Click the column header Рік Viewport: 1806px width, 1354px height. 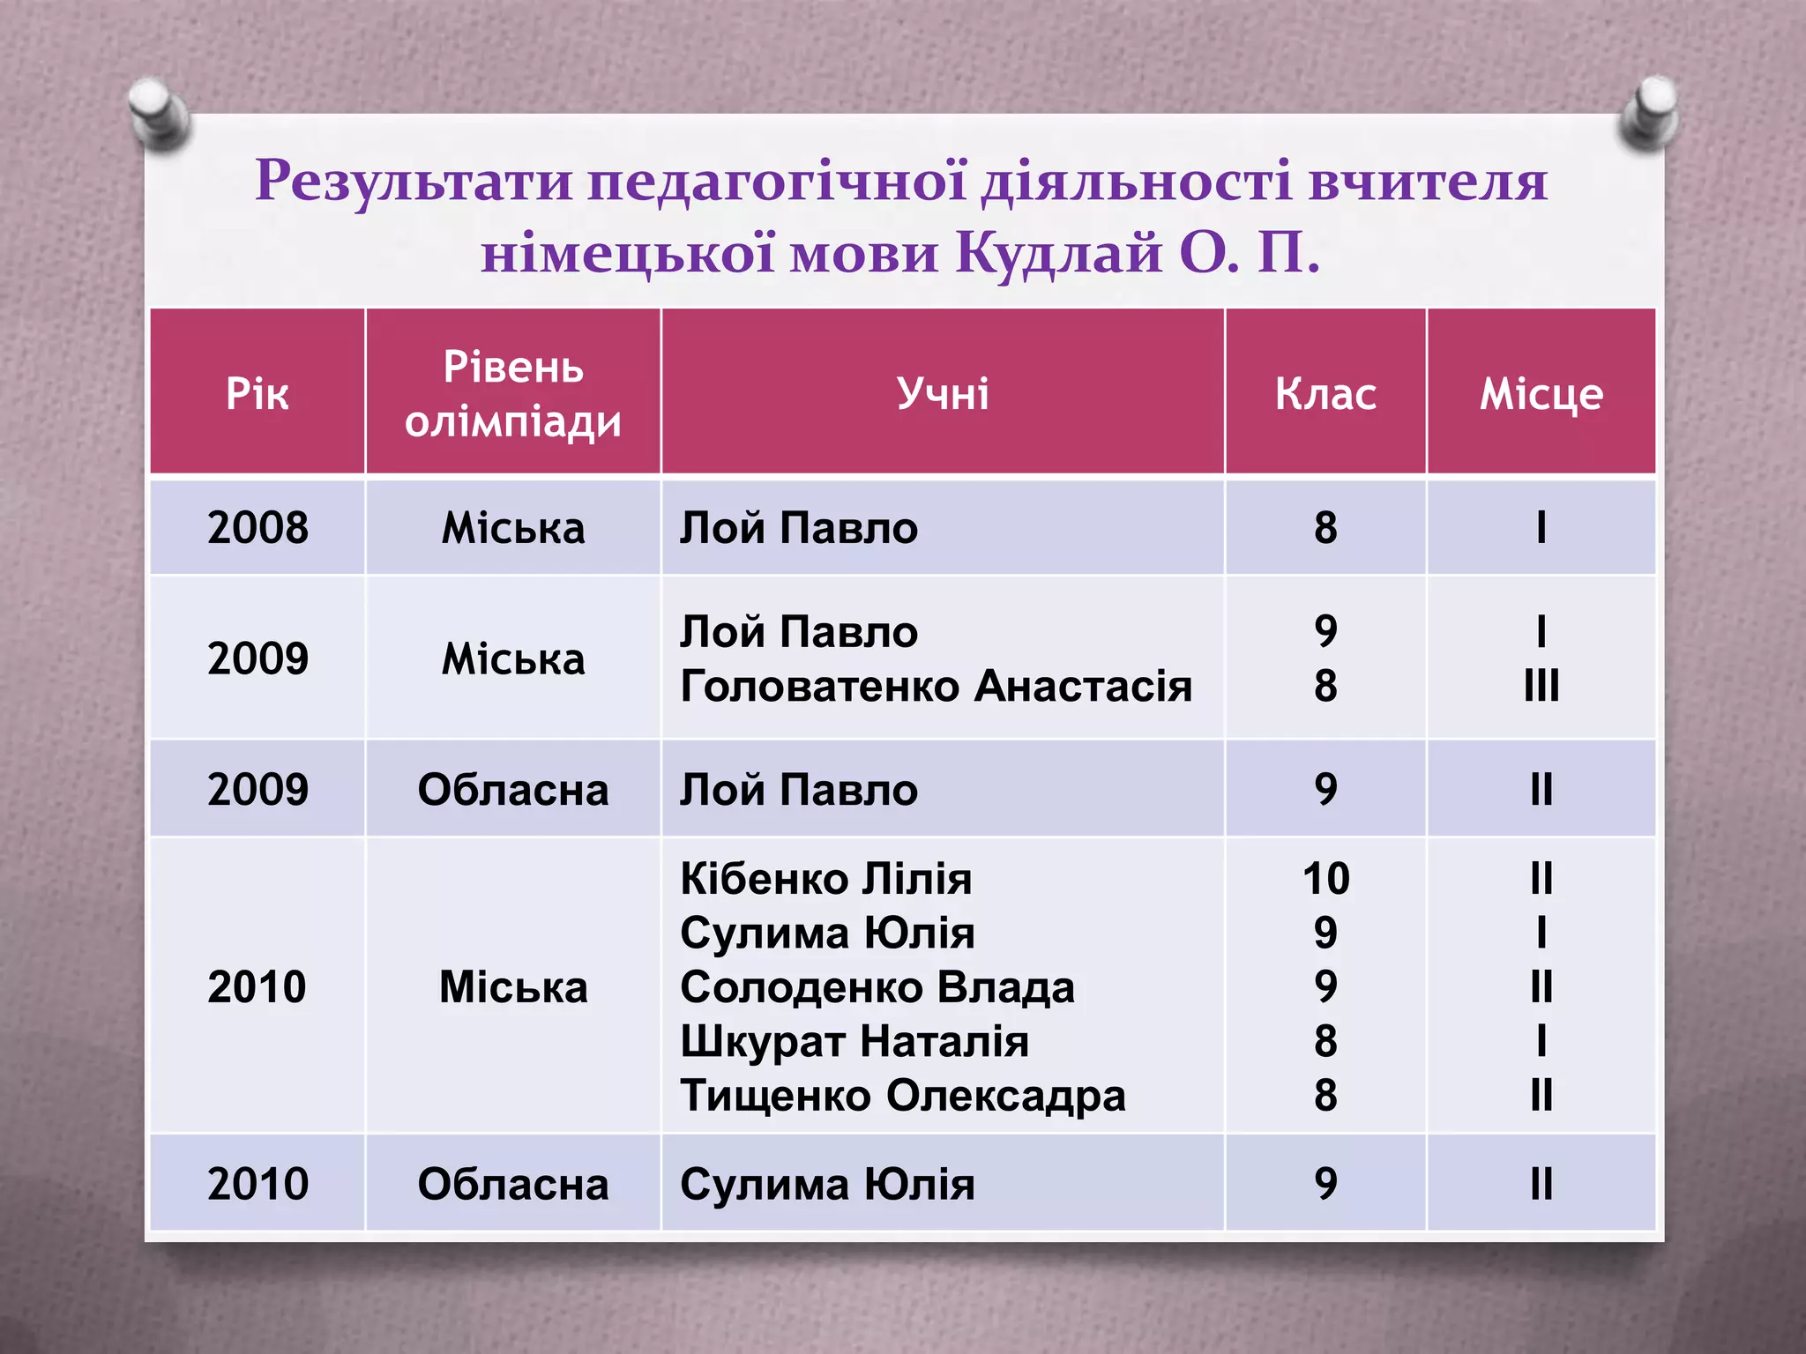(x=257, y=393)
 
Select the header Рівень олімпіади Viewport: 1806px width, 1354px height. (x=512, y=394)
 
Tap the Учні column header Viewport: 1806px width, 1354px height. (x=942, y=393)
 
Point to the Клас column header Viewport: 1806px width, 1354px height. (x=1325, y=394)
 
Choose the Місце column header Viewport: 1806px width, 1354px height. (x=1541, y=394)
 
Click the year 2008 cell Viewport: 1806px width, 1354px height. (x=257, y=528)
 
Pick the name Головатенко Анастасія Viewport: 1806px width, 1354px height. (x=936, y=686)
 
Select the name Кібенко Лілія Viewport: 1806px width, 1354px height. (x=825, y=879)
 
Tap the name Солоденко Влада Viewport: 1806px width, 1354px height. (x=877, y=987)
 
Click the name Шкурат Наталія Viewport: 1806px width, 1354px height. (x=854, y=1041)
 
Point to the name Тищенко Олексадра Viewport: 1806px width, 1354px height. (x=902, y=1096)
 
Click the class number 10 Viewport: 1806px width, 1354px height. (x=1325, y=879)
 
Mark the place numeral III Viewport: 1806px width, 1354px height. (x=1541, y=686)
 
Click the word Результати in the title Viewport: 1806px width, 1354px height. (x=414, y=182)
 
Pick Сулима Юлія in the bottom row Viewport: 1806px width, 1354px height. (x=826, y=1184)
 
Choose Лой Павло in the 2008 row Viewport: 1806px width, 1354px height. (x=798, y=528)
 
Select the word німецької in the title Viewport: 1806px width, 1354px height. (x=627, y=254)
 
